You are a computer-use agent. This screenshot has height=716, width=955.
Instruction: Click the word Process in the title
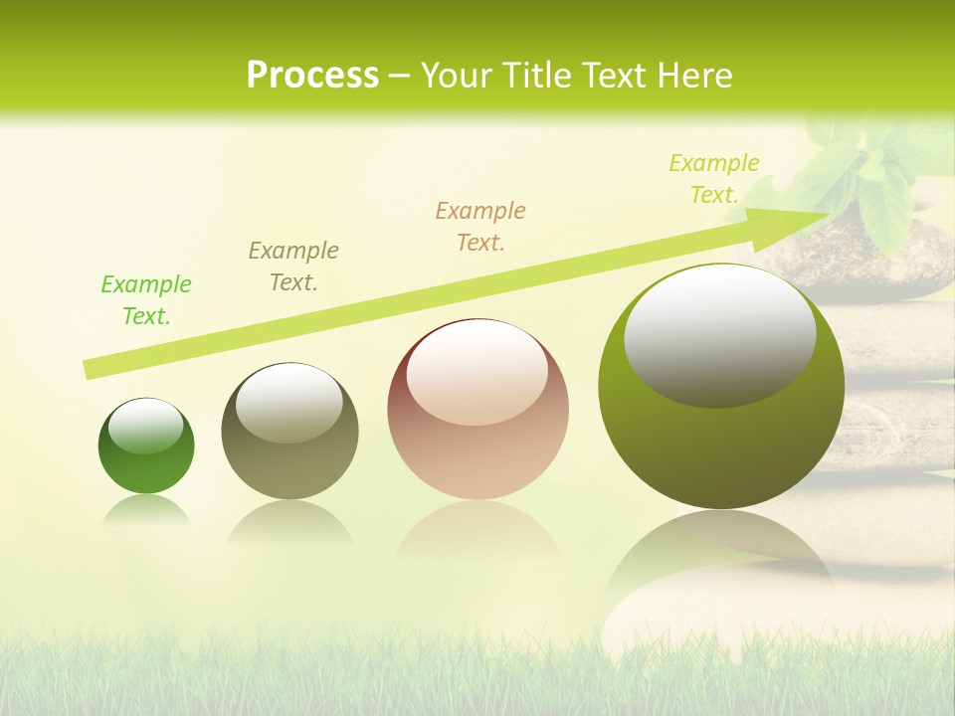tap(312, 76)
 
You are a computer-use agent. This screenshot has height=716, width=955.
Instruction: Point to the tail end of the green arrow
tap(90, 369)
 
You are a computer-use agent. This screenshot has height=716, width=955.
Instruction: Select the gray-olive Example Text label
tap(293, 267)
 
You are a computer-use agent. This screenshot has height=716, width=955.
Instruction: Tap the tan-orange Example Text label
tap(480, 227)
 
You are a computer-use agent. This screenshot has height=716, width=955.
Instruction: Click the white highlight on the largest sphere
tap(719, 333)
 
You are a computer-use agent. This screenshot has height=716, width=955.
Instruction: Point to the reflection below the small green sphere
tap(146, 512)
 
